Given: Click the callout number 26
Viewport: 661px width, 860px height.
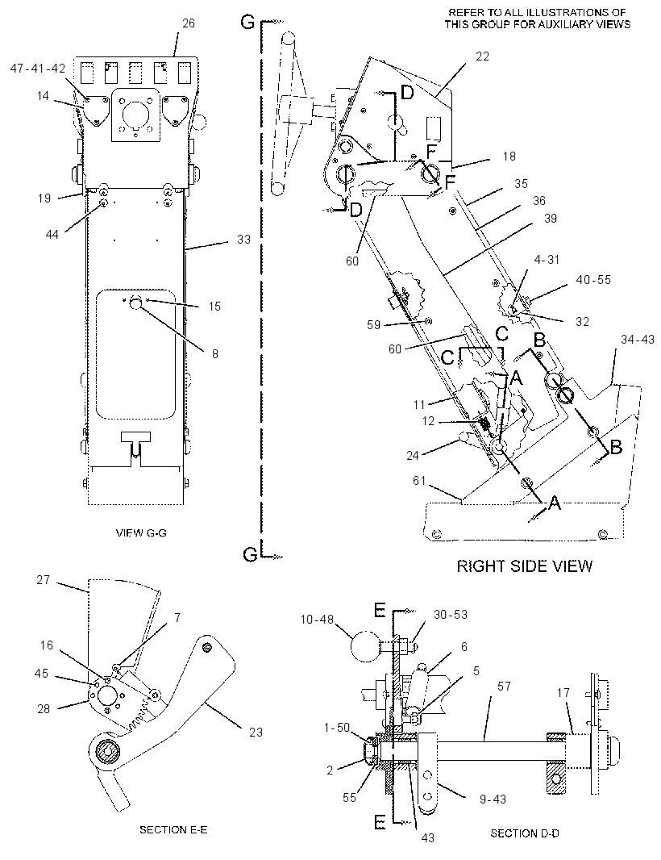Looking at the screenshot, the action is (189, 23).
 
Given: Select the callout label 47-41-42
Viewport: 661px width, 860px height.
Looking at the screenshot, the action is (38, 69).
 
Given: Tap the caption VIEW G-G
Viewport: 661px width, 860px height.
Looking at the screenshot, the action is (141, 532).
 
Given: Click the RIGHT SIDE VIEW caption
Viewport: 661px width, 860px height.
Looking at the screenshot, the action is (525, 566).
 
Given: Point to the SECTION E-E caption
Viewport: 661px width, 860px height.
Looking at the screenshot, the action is (173, 830).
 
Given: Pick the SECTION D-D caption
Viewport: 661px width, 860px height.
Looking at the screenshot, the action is (525, 833).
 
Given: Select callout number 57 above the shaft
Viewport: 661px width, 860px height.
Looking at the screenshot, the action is (504, 686).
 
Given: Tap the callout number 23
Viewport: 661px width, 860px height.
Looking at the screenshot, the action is (256, 733).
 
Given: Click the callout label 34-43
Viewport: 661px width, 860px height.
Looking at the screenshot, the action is (638, 340).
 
